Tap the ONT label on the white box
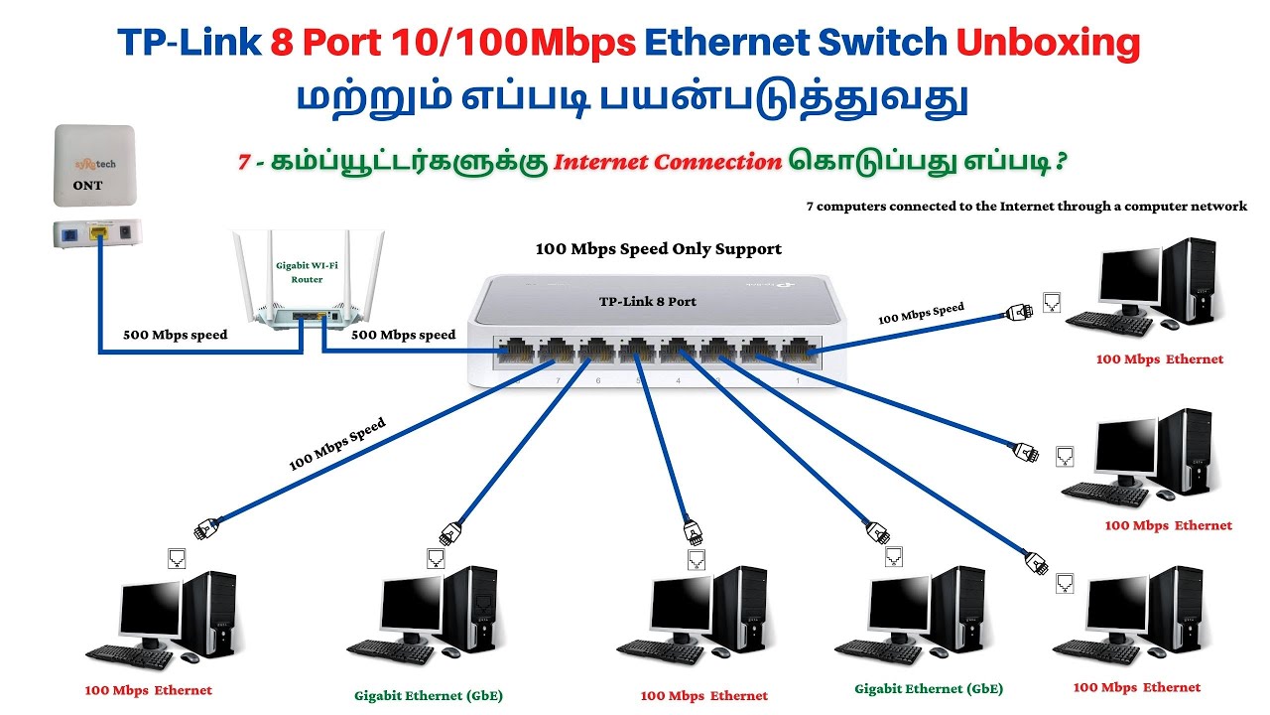pyautogui.click(x=87, y=185)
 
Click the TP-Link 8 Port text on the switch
pyautogui.click(x=647, y=301)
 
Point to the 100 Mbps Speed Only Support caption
pyautogui.click(x=659, y=249)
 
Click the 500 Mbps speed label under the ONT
pyautogui.click(x=175, y=335)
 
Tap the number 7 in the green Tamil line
pyautogui.click(x=244, y=162)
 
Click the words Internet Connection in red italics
pyautogui.click(x=667, y=162)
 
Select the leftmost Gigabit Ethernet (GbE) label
pyautogui.click(x=429, y=695)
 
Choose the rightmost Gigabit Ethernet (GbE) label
pyautogui.click(x=929, y=688)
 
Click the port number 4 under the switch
pyautogui.click(x=679, y=380)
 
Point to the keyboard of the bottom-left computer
pyautogui.click(x=130, y=655)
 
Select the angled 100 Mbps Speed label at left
pyautogui.click(x=336, y=444)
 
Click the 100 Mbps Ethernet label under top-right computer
pyautogui.click(x=1159, y=359)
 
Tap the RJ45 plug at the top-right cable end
pyautogui.click(x=1020, y=311)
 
